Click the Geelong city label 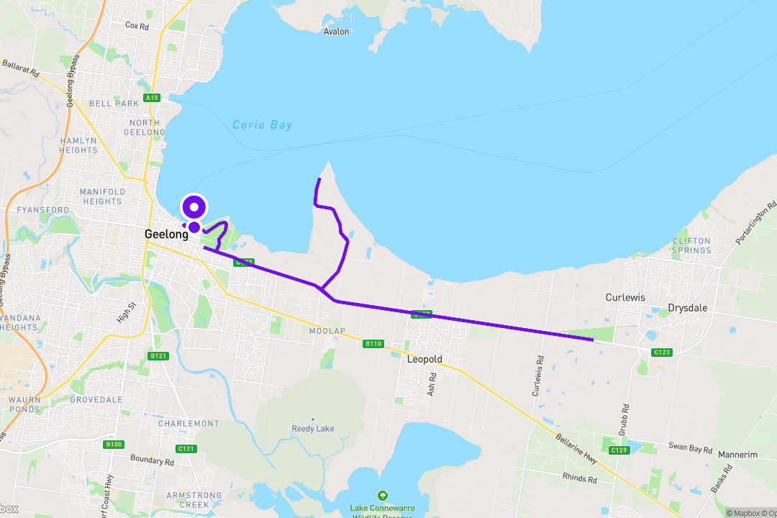166,234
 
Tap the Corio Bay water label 263,125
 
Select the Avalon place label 336,32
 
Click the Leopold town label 424,359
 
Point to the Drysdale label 687,308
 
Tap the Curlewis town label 625,297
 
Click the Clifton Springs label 691,246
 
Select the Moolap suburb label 327,331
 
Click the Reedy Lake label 313,429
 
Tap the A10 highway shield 151,98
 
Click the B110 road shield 373,344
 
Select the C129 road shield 619,450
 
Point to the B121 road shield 158,356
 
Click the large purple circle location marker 194,209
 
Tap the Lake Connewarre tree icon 382,496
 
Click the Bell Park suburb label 114,104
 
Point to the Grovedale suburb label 97,400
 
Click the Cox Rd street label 137,25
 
